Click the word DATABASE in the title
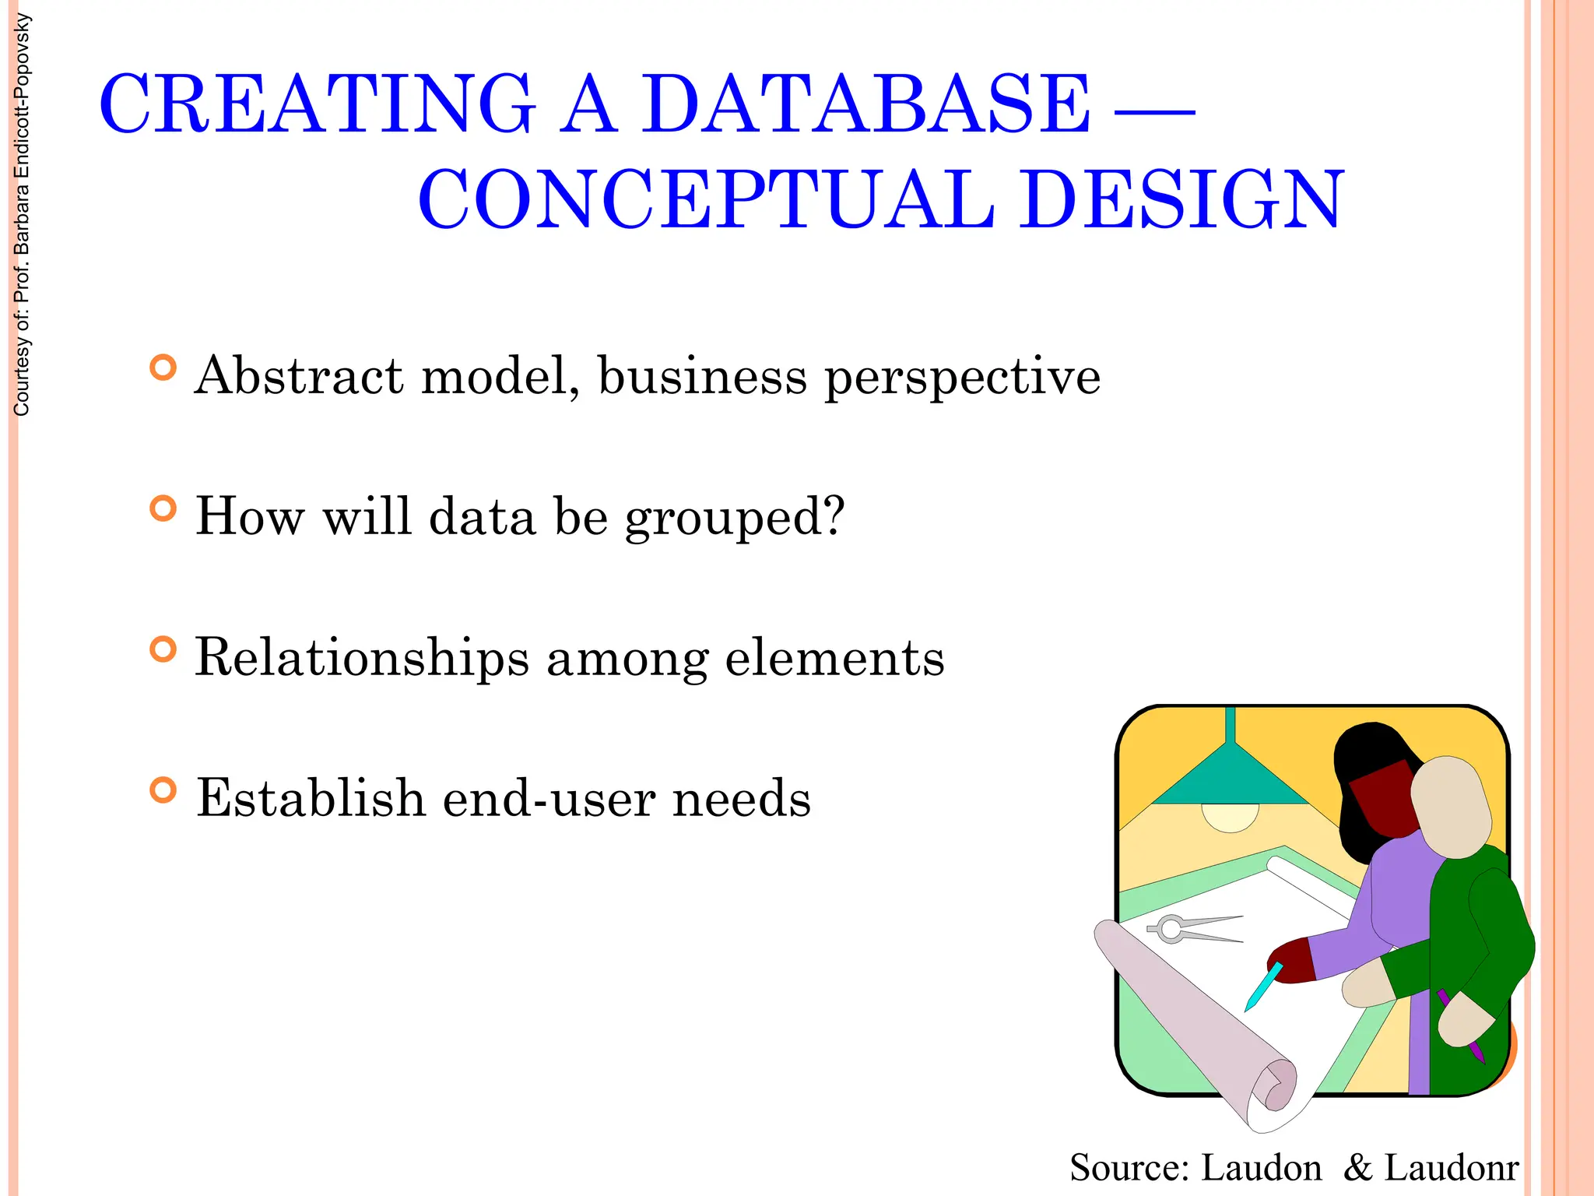click(x=865, y=105)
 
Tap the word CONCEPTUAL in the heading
click(x=707, y=200)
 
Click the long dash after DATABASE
click(x=1155, y=113)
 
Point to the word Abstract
click(x=299, y=376)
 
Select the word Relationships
click(x=362, y=658)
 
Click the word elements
click(x=834, y=658)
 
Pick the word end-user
click(x=548, y=799)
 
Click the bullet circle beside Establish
click(x=163, y=790)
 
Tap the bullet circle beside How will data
click(x=163, y=509)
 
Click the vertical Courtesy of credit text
click(x=22, y=215)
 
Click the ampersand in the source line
click(x=1357, y=1167)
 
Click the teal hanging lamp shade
click(x=1230, y=779)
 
